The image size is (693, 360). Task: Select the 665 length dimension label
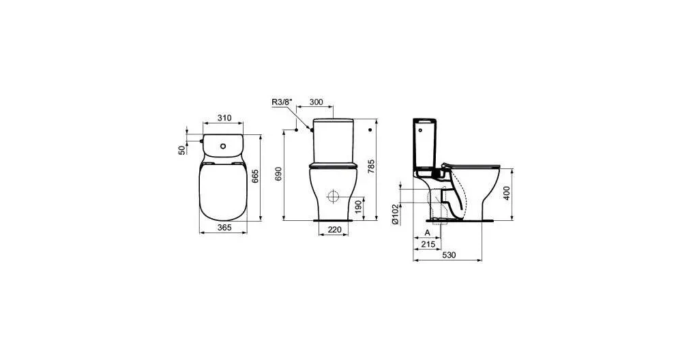pyautogui.click(x=255, y=178)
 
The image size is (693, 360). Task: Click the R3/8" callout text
pyautogui.click(x=282, y=103)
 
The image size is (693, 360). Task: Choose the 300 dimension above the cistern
pyautogui.click(x=316, y=103)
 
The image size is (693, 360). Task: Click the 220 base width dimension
pyautogui.click(x=334, y=230)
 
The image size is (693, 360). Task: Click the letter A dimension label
pyautogui.click(x=426, y=232)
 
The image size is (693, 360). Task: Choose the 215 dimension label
pyautogui.click(x=428, y=243)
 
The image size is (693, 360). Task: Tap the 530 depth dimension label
pyautogui.click(x=448, y=255)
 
